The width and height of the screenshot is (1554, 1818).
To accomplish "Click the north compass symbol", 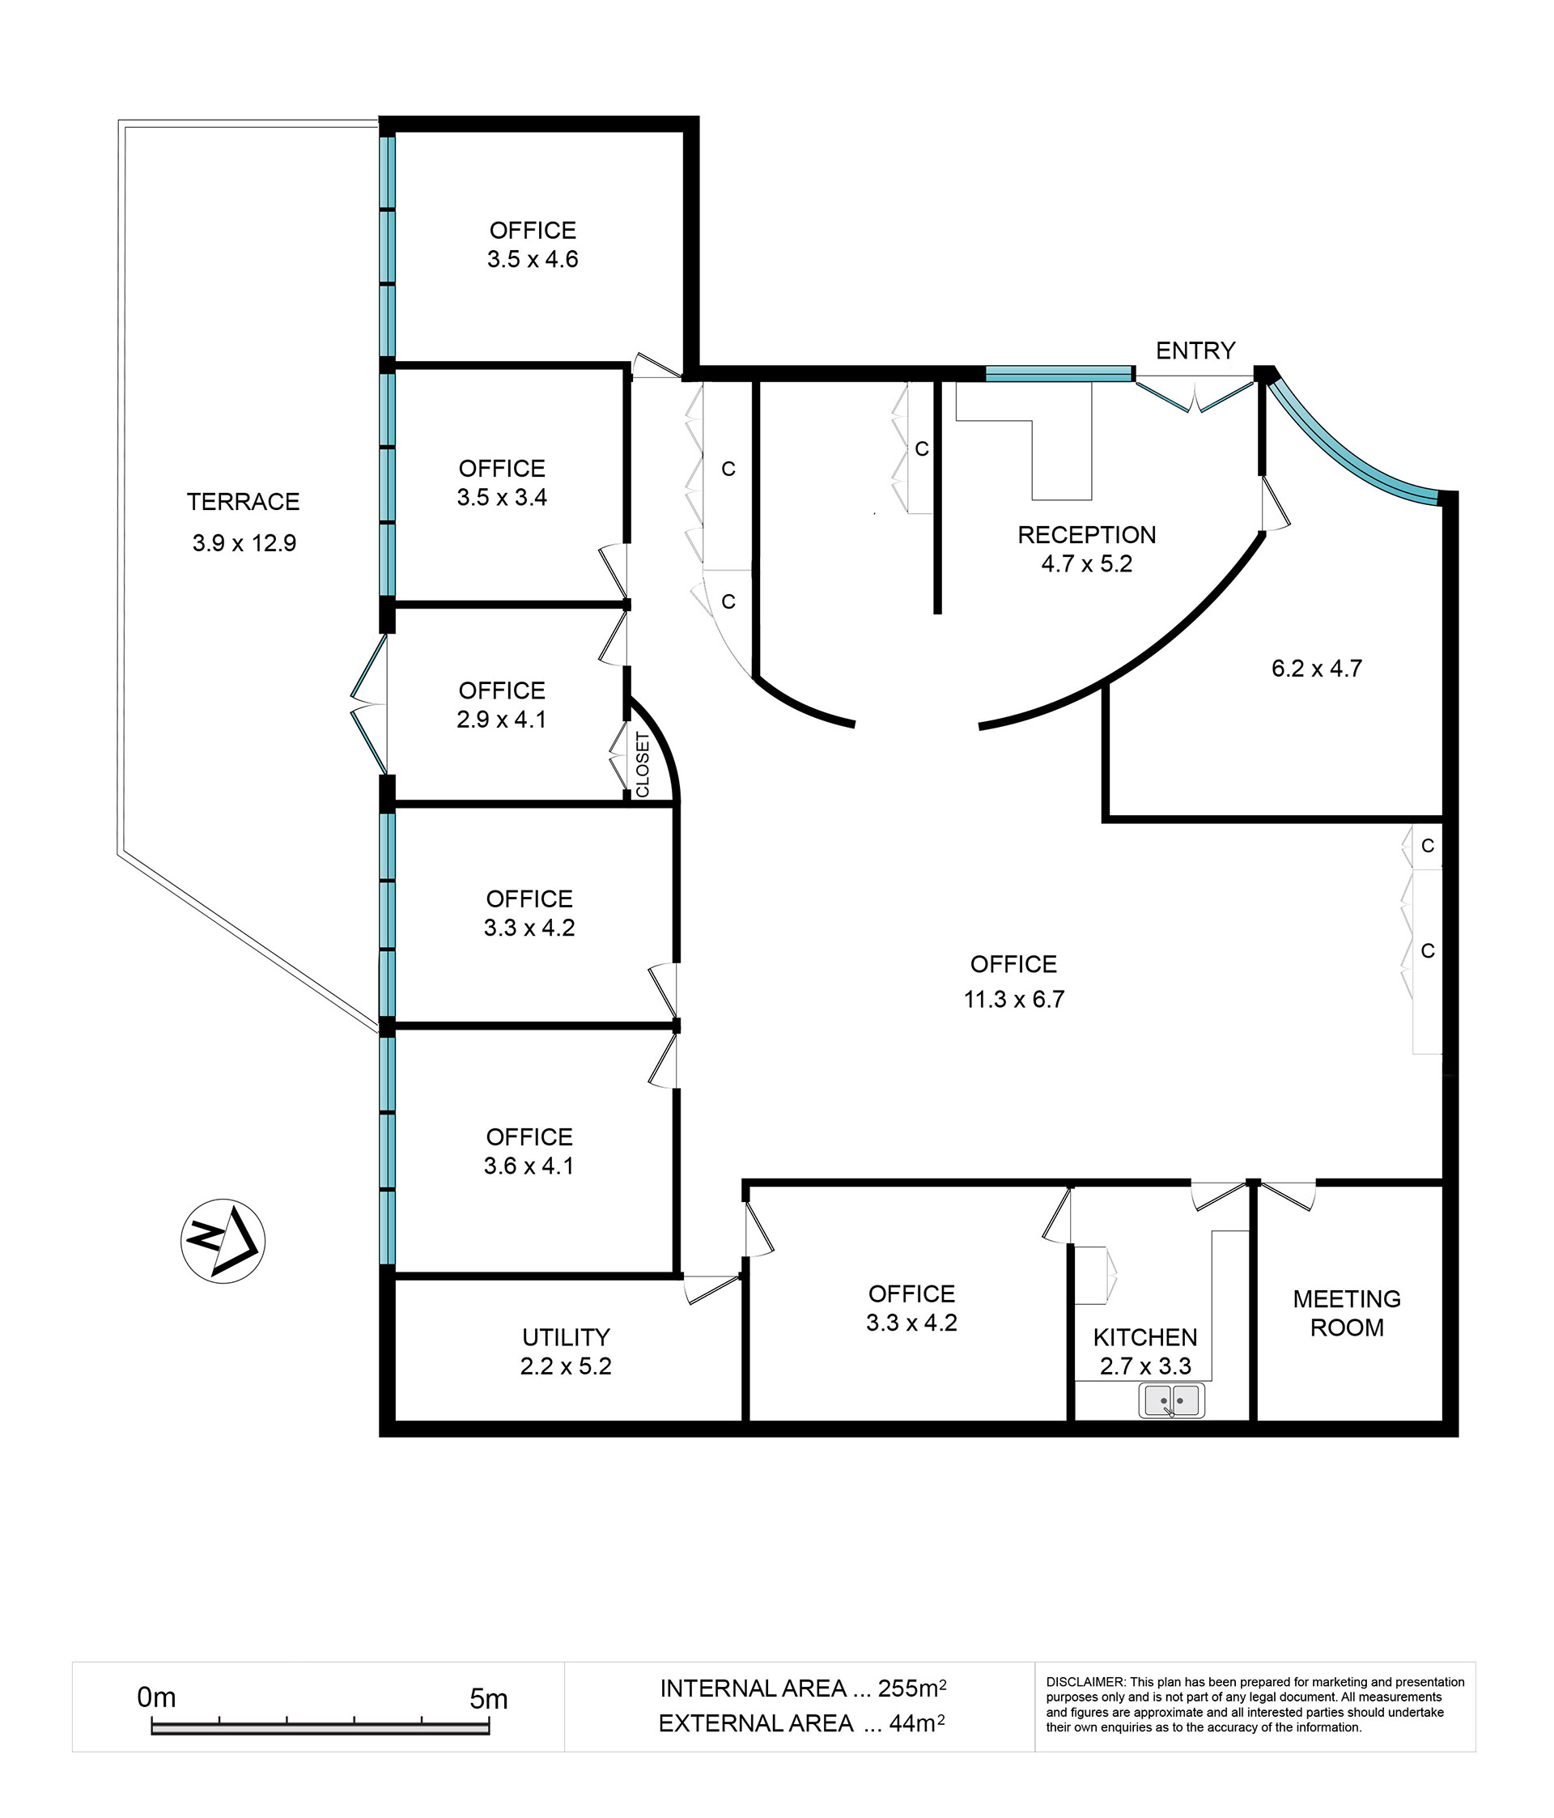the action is (223, 1241).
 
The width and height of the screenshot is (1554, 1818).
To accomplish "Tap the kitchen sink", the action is (1171, 1400).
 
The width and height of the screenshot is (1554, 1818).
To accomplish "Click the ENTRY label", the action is (1195, 351).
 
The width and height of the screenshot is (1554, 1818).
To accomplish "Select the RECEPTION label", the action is (1086, 534).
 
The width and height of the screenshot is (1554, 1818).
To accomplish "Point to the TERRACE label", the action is (243, 502).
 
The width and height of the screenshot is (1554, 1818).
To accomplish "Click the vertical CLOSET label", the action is (643, 765).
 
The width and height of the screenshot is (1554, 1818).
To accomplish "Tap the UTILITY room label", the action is (566, 1337).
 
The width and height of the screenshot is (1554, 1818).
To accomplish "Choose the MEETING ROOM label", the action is (1347, 1314).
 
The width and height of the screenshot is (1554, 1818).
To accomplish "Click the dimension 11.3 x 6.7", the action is (1013, 1000).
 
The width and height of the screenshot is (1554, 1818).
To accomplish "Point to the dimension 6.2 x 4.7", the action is (1316, 669).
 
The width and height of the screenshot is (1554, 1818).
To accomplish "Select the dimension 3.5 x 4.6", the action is (533, 259).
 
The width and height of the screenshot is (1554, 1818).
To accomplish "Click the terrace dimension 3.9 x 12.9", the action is (244, 543).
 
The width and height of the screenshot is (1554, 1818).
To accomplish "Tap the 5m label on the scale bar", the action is (489, 1700).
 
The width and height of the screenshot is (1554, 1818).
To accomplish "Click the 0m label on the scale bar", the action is (156, 1697).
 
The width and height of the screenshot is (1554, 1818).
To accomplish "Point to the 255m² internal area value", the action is (912, 1688).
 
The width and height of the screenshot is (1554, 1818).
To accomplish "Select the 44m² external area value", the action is (917, 1723).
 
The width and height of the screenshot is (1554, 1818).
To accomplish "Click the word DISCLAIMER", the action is (1085, 1682).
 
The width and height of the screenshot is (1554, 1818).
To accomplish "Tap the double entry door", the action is (1195, 394).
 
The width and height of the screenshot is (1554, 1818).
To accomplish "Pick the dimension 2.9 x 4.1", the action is (501, 720).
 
